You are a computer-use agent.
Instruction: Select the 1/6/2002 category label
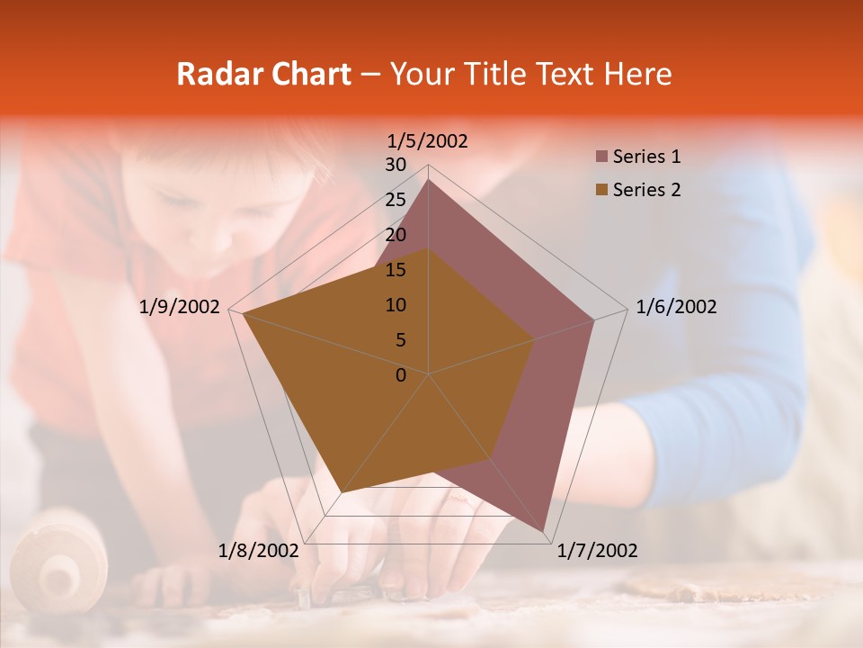point(676,307)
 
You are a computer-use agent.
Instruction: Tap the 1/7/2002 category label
point(597,550)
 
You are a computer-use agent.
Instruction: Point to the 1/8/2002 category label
point(259,550)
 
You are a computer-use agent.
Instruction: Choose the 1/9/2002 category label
point(180,307)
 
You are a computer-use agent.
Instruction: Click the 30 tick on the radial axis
point(396,165)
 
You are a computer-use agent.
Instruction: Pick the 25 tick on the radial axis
point(396,200)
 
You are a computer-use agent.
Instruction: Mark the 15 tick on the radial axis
point(396,270)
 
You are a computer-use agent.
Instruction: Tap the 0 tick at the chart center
point(401,375)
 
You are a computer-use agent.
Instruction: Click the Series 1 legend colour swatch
point(601,157)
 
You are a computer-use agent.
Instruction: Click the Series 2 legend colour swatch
point(601,190)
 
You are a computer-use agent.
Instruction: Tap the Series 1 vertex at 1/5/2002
point(429,180)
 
